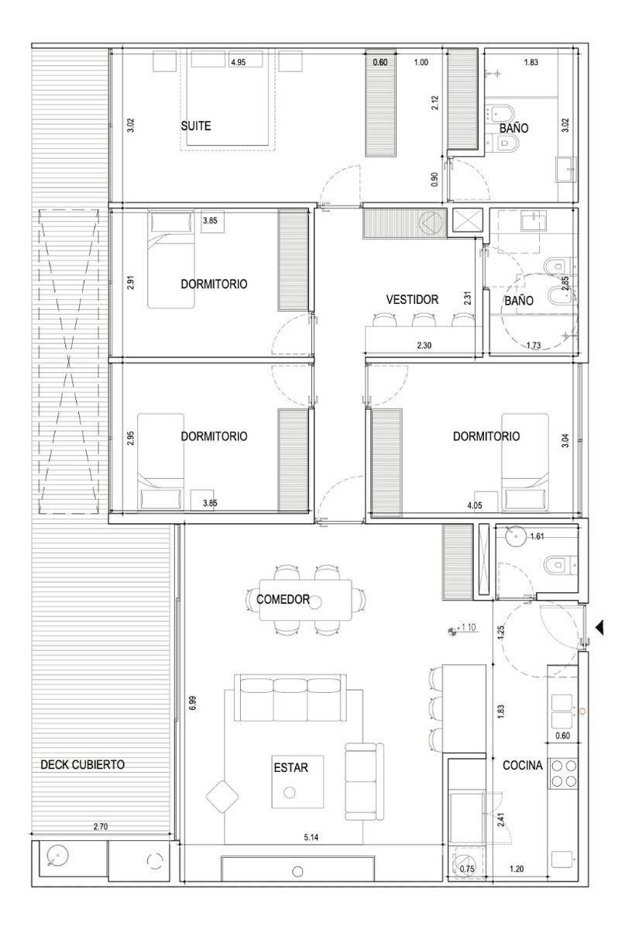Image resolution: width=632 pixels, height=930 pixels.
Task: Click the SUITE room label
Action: click(196, 126)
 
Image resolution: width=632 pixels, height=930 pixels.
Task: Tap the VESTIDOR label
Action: click(412, 299)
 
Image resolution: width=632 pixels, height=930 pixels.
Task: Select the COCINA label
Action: click(523, 765)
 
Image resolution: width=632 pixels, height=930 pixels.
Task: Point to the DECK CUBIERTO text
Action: click(83, 765)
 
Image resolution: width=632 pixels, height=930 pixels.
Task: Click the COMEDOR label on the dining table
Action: click(283, 599)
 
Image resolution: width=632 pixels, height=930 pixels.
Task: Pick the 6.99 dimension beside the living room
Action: click(192, 703)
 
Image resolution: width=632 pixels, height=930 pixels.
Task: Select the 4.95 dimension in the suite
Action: click(239, 62)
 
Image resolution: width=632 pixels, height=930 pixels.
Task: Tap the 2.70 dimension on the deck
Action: click(101, 827)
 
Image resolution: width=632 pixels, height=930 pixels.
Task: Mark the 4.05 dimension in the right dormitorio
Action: click(474, 505)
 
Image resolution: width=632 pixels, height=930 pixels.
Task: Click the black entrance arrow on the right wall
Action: click(599, 629)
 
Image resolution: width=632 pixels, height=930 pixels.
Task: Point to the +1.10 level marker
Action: click(463, 627)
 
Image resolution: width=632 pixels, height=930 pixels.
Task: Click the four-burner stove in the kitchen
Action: click(564, 773)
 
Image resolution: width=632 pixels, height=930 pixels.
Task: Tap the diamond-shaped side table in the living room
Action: click(222, 797)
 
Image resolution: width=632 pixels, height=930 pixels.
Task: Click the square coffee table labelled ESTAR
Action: click(297, 782)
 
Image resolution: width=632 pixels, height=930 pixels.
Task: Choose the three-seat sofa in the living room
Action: click(290, 698)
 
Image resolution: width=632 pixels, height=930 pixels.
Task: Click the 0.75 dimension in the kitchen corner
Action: click(467, 869)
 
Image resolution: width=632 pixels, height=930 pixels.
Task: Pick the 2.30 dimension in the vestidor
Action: click(424, 345)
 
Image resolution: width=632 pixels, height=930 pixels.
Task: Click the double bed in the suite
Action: click(228, 98)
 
